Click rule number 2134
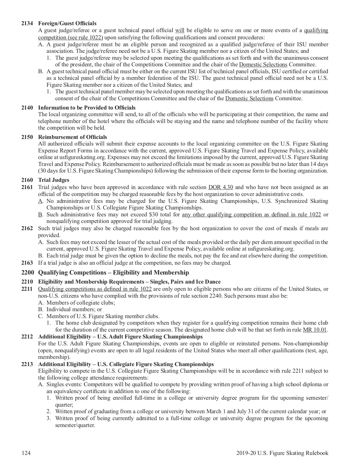point(27,23)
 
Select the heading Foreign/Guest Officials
point(67,23)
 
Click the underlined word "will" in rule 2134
point(179,30)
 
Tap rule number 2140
point(27,107)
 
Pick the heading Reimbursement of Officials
point(72,137)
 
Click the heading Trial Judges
point(54,180)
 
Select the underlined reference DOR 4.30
point(220,187)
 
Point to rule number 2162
point(27,228)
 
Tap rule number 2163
point(27,263)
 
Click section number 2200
point(28,272)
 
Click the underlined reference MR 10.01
point(315,330)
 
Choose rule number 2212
point(27,337)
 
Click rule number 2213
point(27,364)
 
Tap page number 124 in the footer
point(26,453)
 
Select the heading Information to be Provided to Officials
point(87,107)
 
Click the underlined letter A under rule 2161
point(40,201)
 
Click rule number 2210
point(27,282)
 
